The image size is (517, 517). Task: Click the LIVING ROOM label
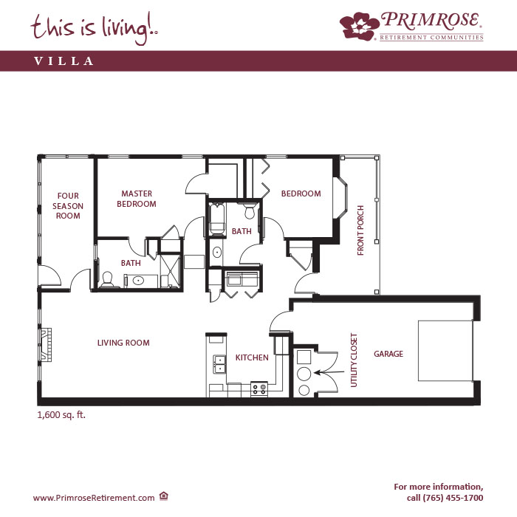pyautogui.click(x=123, y=343)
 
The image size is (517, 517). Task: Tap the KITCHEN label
pyautogui.click(x=252, y=357)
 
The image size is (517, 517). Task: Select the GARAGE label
pyautogui.click(x=388, y=354)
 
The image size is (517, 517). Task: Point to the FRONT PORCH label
pyautogui.click(x=360, y=230)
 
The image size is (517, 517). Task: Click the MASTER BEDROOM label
pyautogui.click(x=137, y=199)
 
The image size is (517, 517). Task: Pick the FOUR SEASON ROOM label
pyautogui.click(x=68, y=206)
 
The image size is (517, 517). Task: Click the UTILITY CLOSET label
pyautogui.click(x=354, y=360)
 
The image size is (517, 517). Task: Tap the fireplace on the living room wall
pyautogui.click(x=46, y=345)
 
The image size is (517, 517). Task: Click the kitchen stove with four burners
pyautogui.click(x=258, y=389)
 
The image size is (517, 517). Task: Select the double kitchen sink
pyautogui.click(x=219, y=364)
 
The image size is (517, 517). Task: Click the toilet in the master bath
pyautogui.click(x=107, y=280)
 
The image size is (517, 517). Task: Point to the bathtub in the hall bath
pyautogui.click(x=217, y=219)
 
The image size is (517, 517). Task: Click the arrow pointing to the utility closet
pyautogui.click(x=329, y=372)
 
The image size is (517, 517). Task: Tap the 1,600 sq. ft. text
pyautogui.click(x=61, y=415)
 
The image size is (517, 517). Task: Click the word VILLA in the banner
pyautogui.click(x=64, y=61)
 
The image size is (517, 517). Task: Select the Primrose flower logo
pyautogui.click(x=360, y=26)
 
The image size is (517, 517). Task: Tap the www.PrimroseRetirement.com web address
pyautogui.click(x=94, y=498)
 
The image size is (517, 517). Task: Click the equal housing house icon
pyautogui.click(x=164, y=496)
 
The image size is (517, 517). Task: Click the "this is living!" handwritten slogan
pyautogui.click(x=95, y=28)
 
